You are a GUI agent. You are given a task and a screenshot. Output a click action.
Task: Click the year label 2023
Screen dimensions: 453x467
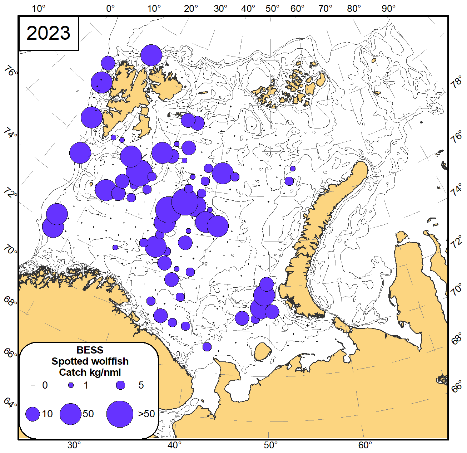[49, 33]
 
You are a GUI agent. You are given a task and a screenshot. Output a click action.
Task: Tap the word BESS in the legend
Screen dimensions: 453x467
[90, 350]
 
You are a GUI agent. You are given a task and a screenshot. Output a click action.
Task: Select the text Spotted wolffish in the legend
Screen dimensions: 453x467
[90, 361]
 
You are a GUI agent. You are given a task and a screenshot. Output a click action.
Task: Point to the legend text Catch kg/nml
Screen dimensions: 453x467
[90, 372]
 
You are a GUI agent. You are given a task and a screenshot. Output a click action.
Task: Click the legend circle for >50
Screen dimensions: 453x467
[120, 414]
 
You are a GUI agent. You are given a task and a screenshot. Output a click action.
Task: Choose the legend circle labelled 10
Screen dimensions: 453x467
[33, 414]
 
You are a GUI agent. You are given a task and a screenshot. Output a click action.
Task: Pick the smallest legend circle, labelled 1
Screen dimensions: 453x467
[71, 385]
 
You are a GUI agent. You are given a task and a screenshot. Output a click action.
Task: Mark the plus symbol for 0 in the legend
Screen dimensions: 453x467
[33, 385]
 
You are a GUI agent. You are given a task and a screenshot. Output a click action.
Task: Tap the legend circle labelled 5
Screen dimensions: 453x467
[121, 385]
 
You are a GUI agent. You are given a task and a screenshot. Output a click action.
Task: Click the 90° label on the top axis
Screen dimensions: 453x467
[388, 8]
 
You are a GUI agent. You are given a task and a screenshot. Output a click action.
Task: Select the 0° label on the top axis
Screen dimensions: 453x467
[110, 8]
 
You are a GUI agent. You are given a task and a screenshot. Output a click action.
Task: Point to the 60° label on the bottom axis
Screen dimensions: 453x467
[365, 445]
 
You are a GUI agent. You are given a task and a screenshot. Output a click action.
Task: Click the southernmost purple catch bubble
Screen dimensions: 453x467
[207, 347]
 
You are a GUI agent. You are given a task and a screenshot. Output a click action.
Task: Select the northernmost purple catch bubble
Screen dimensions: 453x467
[151, 55]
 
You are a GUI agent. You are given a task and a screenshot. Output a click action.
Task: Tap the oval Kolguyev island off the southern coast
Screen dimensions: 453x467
[263, 351]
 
